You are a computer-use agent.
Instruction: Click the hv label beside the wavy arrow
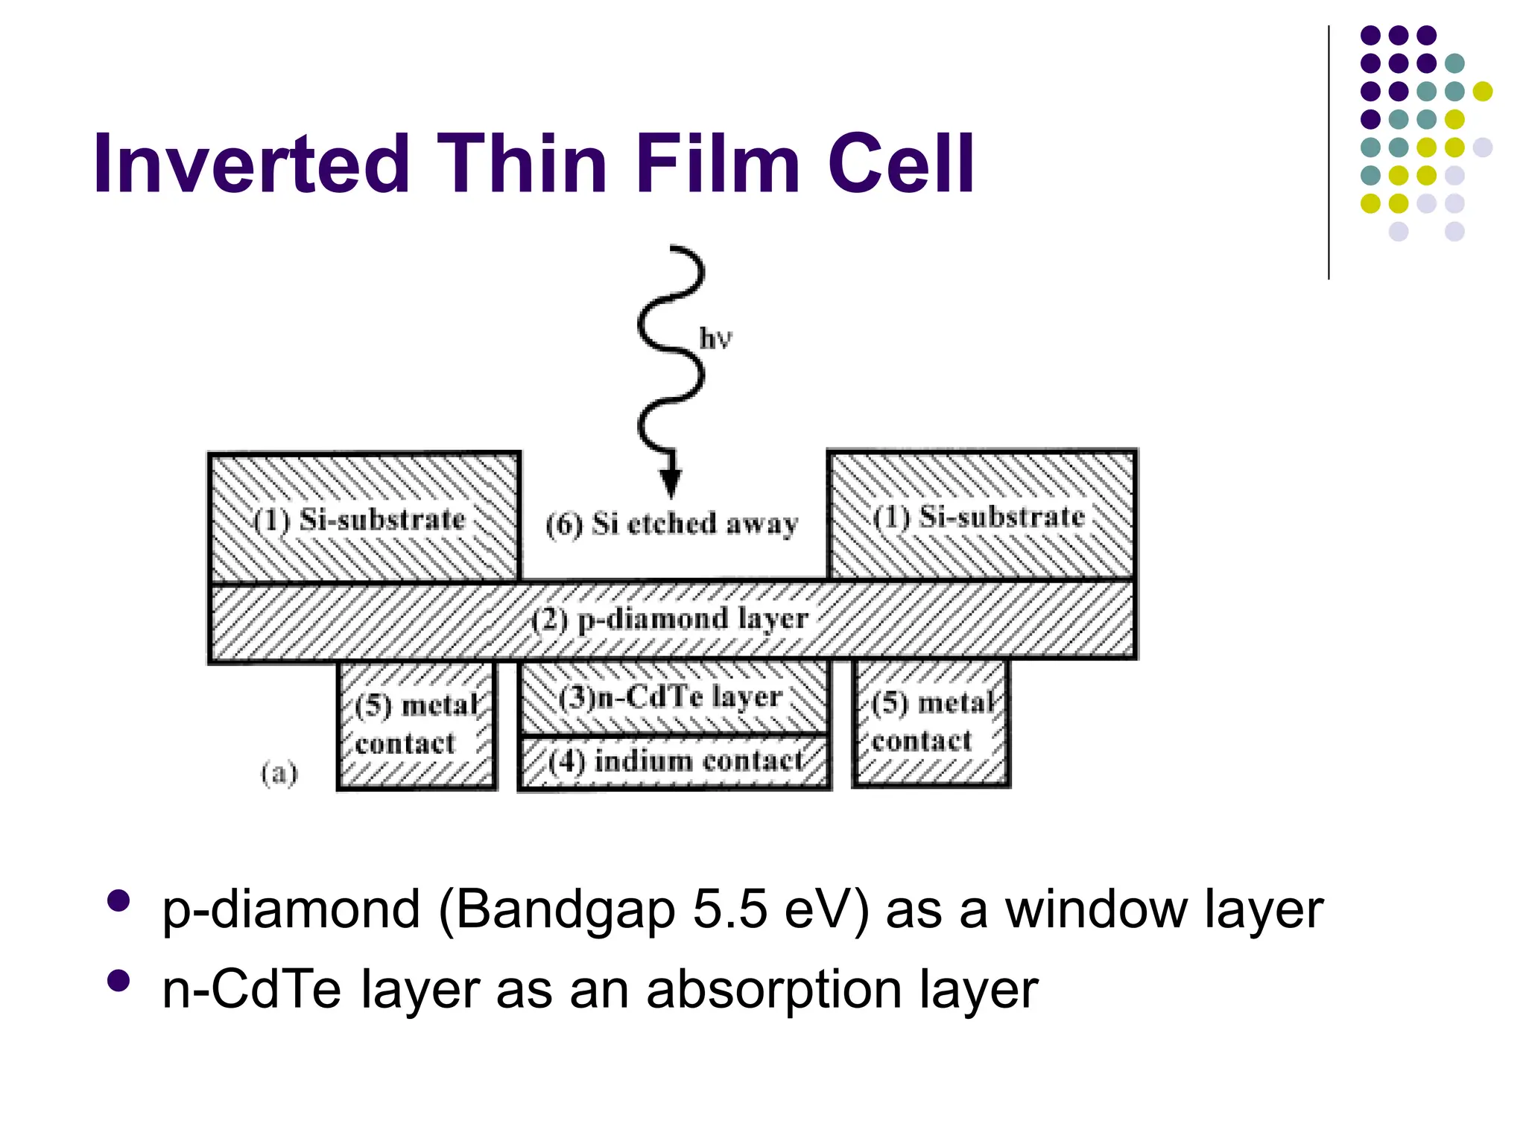coord(715,339)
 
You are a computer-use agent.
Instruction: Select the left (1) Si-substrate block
coord(363,518)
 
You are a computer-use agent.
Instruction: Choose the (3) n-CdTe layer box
coord(673,697)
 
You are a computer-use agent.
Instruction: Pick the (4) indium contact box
coord(674,761)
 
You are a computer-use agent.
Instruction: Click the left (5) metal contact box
coord(417,725)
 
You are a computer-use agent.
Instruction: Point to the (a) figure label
coord(279,773)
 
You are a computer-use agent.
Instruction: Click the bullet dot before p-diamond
coord(118,901)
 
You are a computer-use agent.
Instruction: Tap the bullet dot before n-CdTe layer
coord(118,981)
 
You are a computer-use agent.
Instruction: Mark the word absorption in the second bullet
coord(776,991)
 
